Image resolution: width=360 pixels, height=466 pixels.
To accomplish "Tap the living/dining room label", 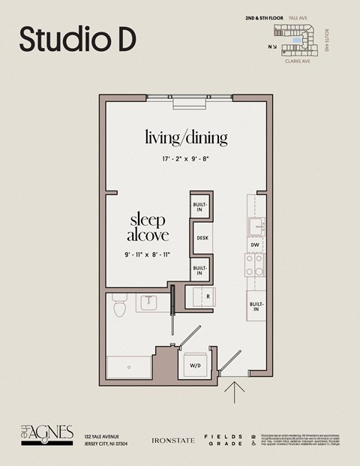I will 186,138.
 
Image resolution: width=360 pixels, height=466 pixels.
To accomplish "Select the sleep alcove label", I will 148,227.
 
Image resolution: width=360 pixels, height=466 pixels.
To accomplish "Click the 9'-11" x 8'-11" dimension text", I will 148,255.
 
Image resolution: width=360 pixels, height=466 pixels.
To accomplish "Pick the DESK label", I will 202,239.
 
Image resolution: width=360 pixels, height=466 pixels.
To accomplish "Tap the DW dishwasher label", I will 255,245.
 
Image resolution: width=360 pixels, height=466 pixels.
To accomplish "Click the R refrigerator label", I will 207,296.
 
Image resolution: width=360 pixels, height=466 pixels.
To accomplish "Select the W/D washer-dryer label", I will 195,365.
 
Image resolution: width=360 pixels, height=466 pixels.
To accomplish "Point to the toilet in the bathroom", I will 118,308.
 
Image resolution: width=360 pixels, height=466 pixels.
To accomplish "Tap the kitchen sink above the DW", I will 255,225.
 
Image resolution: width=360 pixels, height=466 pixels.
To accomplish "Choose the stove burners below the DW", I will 255,264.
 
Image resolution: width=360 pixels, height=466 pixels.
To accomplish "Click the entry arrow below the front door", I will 235,392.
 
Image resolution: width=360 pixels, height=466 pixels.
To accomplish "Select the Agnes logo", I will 46,434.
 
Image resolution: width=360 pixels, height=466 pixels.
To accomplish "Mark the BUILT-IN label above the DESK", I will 199,207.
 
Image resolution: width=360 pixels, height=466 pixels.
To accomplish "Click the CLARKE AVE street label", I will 297,62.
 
